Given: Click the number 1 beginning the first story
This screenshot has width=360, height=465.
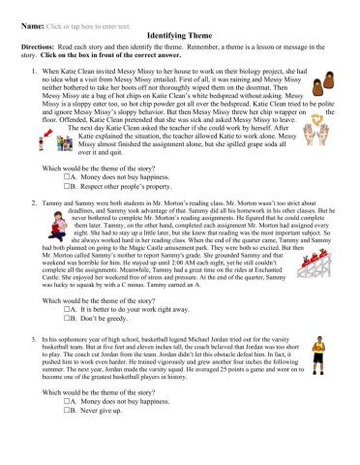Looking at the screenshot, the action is [x=34, y=70].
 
